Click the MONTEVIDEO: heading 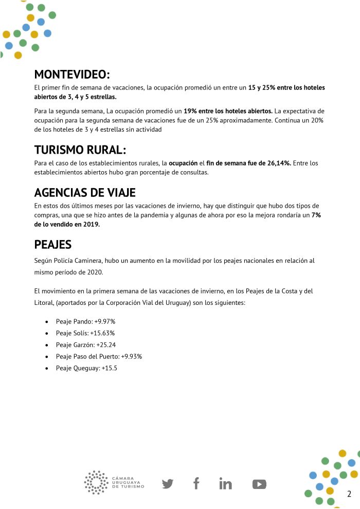[72, 74]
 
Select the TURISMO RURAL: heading [80, 150]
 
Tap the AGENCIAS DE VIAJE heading [85, 193]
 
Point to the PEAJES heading [52, 244]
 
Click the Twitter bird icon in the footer [168, 484]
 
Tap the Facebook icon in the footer [196, 483]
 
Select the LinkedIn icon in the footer [225, 484]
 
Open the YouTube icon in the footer [259, 484]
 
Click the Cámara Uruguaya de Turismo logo [114, 482]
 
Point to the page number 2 [349, 494]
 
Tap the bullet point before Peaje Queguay [47, 369]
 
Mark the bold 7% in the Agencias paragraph [316, 215]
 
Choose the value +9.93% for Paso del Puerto [132, 356]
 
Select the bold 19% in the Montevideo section [191, 111]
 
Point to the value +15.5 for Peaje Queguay [109, 368]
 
